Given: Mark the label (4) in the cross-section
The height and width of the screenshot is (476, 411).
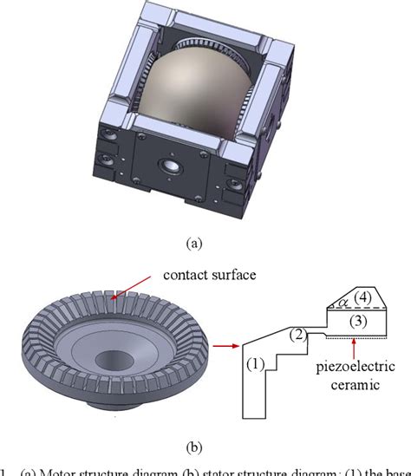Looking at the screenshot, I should click(364, 297).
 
